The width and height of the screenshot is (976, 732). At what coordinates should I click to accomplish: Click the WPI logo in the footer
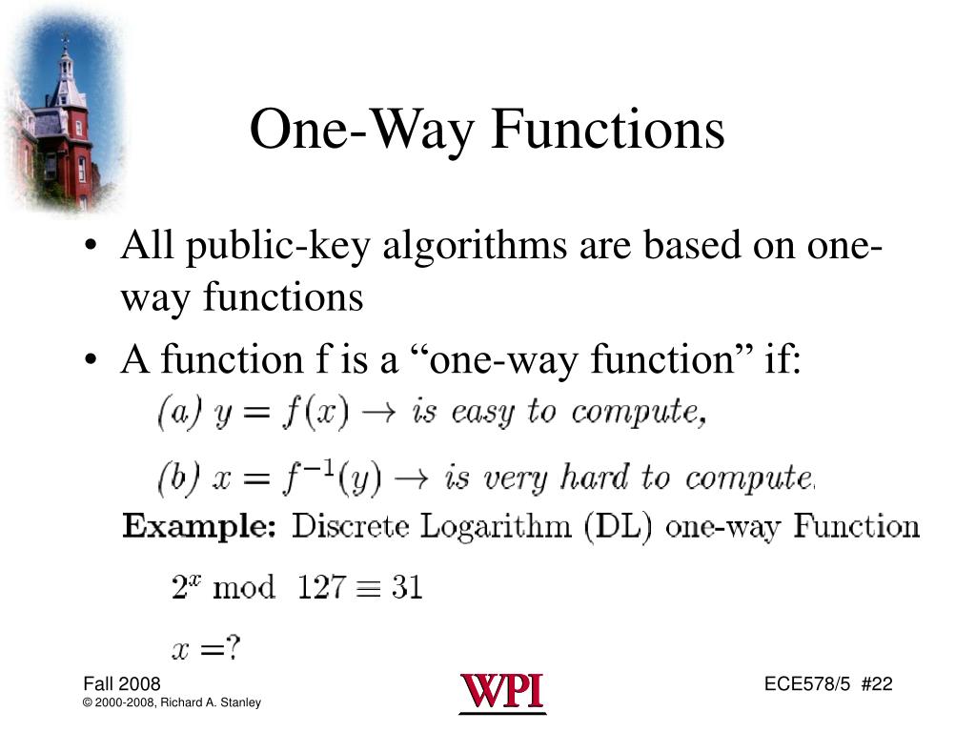[x=502, y=692]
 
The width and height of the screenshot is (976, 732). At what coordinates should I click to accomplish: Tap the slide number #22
[x=877, y=684]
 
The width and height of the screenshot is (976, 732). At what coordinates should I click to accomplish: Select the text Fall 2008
[x=122, y=684]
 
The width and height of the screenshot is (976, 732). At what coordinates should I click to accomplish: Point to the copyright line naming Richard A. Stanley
[x=173, y=703]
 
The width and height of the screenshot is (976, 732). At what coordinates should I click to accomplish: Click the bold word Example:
[x=198, y=526]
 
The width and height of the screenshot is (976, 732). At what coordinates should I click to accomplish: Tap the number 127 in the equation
[x=320, y=587]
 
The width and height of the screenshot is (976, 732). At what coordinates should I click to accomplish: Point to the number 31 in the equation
[x=407, y=587]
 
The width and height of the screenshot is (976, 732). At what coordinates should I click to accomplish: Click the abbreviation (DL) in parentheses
[x=625, y=526]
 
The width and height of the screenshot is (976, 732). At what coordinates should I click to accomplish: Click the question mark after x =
[x=233, y=649]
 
